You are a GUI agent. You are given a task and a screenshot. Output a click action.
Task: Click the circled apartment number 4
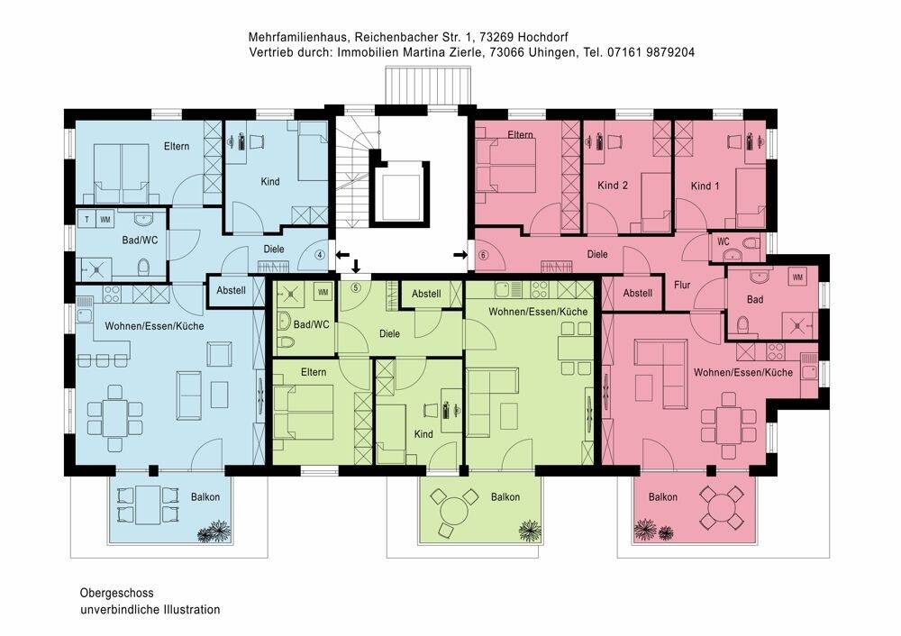(319, 255)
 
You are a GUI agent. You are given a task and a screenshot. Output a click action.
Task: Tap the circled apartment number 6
(483, 255)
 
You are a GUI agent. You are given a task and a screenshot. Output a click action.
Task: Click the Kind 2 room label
(613, 186)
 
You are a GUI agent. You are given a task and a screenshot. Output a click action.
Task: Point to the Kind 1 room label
(705, 186)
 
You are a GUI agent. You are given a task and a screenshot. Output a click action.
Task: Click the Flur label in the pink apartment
(682, 286)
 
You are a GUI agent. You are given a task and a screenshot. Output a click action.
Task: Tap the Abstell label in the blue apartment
(230, 291)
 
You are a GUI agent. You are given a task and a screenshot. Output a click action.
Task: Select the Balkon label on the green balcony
(505, 497)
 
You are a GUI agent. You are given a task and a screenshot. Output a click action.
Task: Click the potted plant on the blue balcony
(214, 531)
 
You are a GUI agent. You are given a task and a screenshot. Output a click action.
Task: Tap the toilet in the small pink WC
(751, 244)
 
